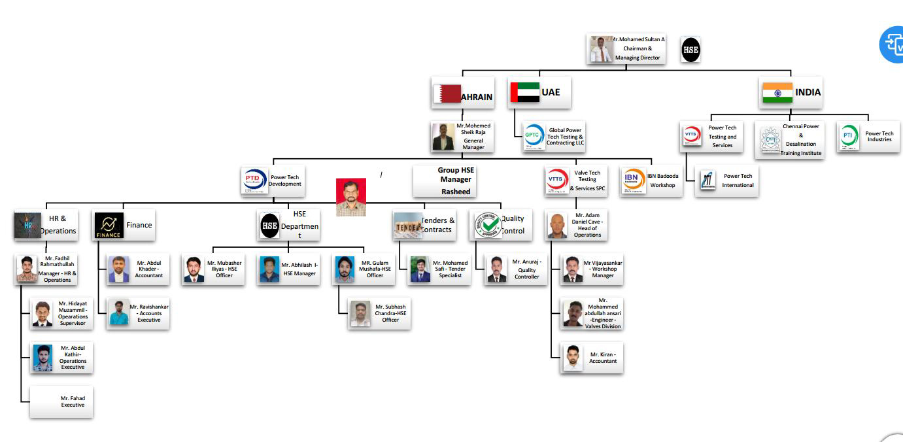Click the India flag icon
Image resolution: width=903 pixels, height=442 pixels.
click(777, 93)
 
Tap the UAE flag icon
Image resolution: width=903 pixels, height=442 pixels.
click(524, 92)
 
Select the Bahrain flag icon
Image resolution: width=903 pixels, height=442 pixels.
click(447, 94)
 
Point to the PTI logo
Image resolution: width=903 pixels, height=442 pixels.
click(849, 136)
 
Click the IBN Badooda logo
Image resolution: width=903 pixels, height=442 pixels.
click(634, 181)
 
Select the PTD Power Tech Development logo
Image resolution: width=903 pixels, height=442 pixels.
click(254, 180)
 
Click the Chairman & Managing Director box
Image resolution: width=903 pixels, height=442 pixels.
click(626, 49)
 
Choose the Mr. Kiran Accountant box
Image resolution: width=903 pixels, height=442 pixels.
click(592, 358)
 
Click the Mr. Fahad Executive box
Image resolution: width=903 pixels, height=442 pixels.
click(61, 401)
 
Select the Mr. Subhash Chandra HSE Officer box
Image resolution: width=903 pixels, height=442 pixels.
click(380, 313)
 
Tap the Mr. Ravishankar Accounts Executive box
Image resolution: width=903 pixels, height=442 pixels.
click(138, 313)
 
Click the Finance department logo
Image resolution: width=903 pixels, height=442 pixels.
click(109, 225)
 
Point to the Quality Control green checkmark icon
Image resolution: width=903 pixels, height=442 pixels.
click(487, 225)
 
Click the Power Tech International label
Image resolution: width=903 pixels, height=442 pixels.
click(738, 180)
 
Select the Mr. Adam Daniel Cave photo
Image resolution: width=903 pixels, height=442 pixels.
click(558, 226)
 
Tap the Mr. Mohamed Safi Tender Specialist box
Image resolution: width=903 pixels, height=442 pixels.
click(439, 269)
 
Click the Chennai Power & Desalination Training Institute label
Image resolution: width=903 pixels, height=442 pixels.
click(801, 139)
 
